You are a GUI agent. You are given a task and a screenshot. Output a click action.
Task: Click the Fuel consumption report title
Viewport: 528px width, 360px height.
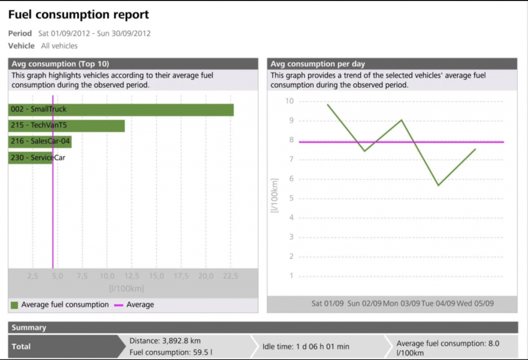78,15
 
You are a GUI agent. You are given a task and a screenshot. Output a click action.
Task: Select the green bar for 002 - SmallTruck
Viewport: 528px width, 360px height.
121,110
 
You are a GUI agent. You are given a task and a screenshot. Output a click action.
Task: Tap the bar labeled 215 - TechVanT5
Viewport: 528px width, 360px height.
67,125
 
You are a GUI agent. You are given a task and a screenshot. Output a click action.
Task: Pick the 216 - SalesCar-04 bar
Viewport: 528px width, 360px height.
40,141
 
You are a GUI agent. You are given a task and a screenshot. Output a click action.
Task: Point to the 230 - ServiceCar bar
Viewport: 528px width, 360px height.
30,157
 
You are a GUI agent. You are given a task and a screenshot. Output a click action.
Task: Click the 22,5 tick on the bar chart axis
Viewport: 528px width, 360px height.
230,276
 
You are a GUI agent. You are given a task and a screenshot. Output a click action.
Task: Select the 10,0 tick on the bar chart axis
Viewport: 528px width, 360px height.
107,276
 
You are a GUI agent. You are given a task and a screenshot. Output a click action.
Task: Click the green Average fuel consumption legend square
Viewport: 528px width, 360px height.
14,305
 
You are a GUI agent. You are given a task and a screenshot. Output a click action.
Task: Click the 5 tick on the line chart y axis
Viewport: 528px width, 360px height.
291,198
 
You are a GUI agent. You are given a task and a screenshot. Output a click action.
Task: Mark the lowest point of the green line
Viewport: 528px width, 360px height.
438,185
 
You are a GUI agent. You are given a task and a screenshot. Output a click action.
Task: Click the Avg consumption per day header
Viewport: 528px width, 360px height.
318,64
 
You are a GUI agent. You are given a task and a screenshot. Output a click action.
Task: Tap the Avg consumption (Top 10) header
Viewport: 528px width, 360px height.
60,64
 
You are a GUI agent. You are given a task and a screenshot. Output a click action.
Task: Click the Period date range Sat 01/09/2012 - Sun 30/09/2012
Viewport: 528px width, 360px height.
94,34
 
